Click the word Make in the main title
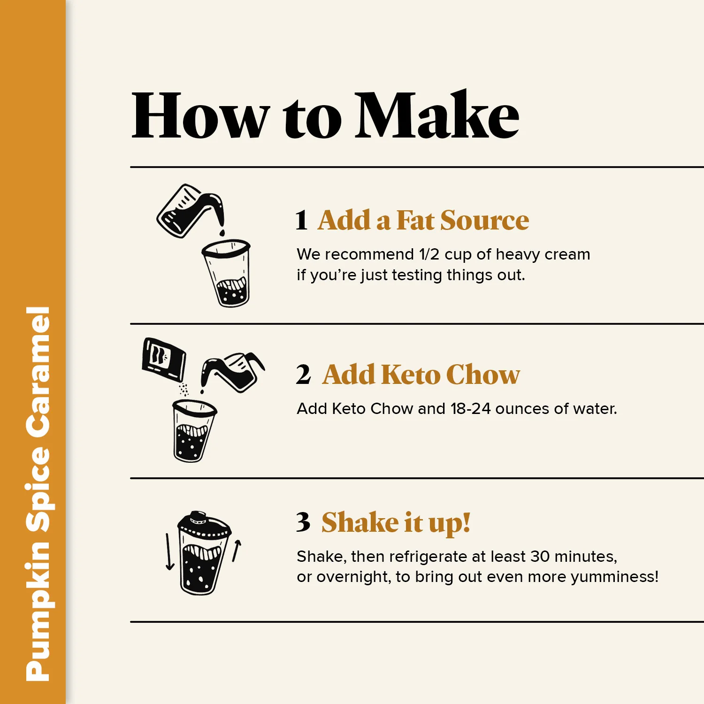point(437,115)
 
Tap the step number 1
point(302,220)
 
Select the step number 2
point(304,375)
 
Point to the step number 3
point(303,522)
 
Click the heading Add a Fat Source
point(423,220)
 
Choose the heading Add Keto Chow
point(421,375)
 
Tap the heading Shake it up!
point(396,523)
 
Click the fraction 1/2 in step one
point(429,254)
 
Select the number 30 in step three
point(540,556)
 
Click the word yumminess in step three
point(612,577)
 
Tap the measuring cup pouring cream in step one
point(191,211)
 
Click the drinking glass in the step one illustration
point(227,273)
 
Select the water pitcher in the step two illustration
point(233,372)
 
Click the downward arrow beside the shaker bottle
point(169,552)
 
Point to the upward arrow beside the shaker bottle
point(237,551)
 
